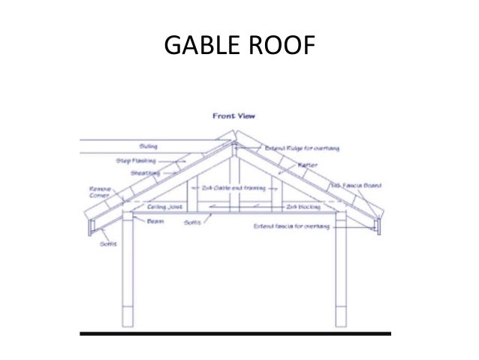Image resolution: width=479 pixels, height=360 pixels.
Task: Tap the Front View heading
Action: [x=234, y=116]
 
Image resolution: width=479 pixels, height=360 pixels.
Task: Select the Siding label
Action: [x=147, y=146]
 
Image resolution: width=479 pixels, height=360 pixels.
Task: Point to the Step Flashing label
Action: [x=133, y=160]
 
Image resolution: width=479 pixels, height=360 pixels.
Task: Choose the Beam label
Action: [x=155, y=221]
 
